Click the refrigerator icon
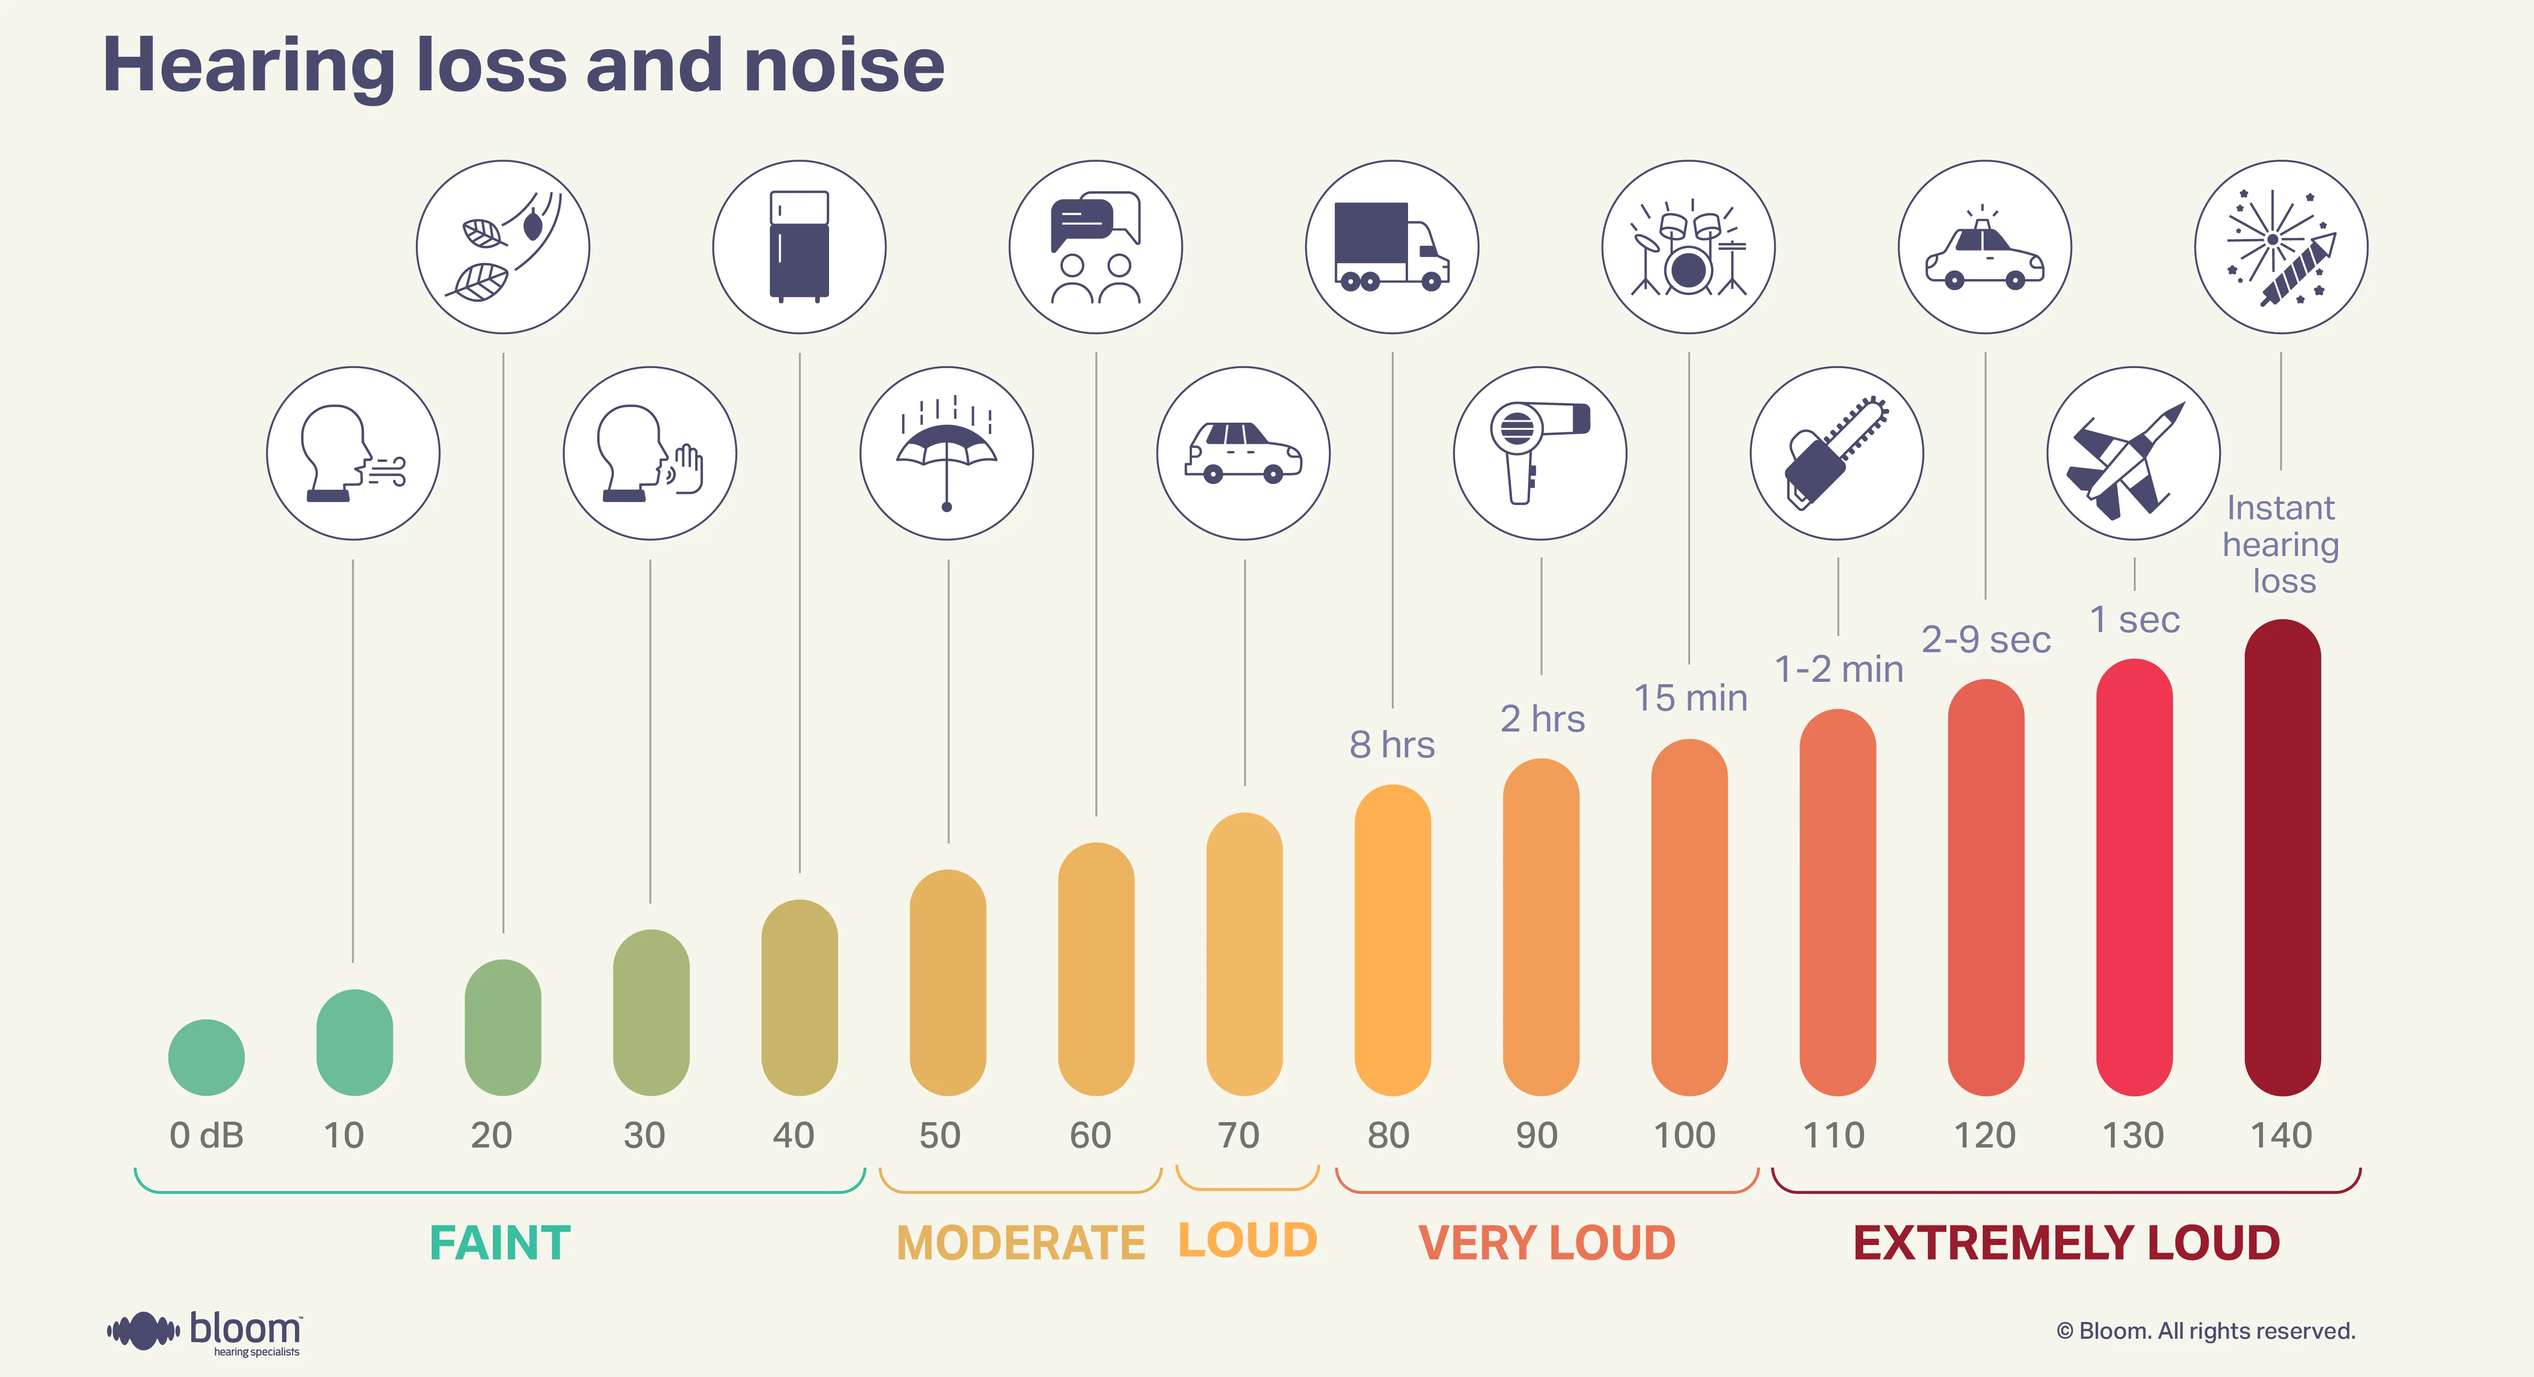(x=799, y=247)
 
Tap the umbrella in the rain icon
(x=946, y=453)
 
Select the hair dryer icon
(x=1540, y=453)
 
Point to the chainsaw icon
(x=1836, y=453)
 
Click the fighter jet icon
(x=2133, y=453)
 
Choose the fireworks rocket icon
(x=2281, y=247)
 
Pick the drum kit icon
(x=1688, y=247)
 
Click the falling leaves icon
(x=502, y=247)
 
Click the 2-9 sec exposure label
(x=1985, y=639)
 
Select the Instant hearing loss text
(x=2281, y=544)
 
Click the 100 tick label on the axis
(x=1684, y=1135)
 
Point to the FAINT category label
(x=500, y=1242)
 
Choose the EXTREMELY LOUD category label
(x=2066, y=1242)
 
